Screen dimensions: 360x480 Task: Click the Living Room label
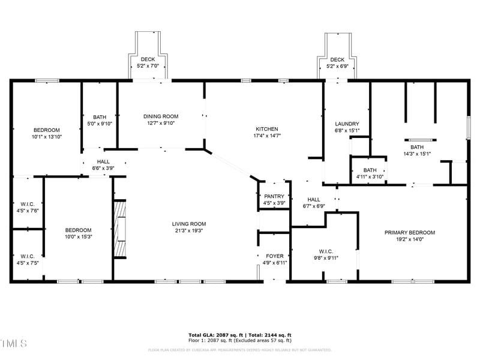pos(189,224)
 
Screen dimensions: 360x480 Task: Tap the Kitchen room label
pos(267,129)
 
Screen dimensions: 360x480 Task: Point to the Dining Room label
pos(160,116)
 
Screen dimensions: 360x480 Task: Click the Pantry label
pos(274,196)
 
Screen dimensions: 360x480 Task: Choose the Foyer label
pos(274,256)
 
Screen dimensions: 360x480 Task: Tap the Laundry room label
pos(347,124)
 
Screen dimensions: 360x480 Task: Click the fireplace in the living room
pos(120,228)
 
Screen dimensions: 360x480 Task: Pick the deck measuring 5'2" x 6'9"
pos(337,62)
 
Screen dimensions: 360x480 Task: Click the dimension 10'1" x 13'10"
pos(46,137)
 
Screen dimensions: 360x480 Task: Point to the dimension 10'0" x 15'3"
pos(78,236)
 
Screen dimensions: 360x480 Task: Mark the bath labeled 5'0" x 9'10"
pos(99,120)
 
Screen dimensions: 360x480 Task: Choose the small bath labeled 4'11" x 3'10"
pos(370,173)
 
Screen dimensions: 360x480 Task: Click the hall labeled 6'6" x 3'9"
pos(103,165)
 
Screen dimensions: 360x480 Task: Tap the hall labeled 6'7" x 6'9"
pos(313,203)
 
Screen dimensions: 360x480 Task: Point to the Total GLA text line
pos(239,335)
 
